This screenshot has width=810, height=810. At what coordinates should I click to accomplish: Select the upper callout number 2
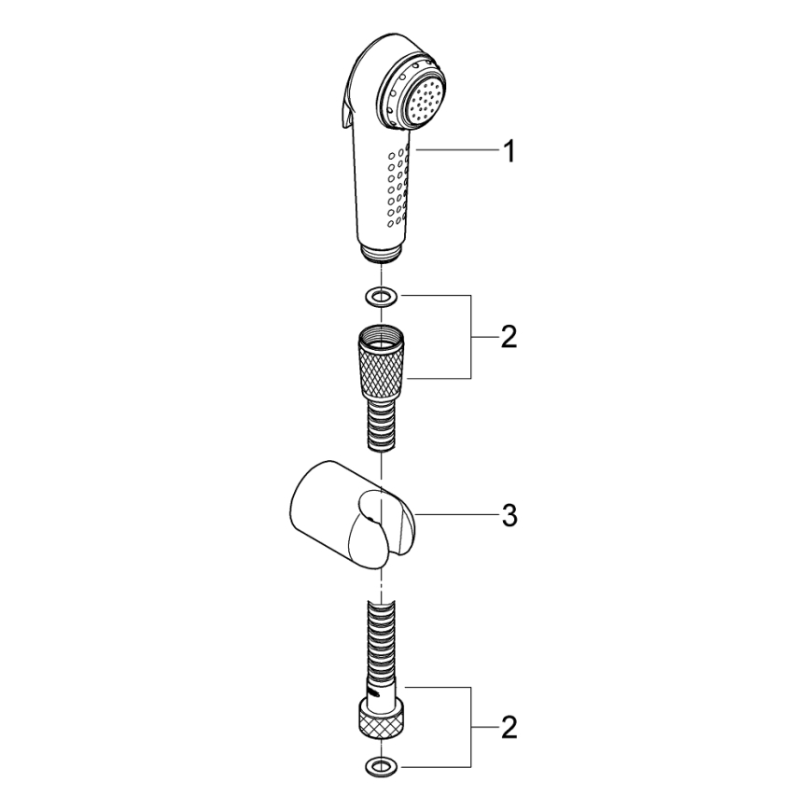[x=508, y=337]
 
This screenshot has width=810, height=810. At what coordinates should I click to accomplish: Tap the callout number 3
[x=509, y=516]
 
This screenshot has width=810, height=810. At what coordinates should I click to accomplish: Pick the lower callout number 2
[x=508, y=725]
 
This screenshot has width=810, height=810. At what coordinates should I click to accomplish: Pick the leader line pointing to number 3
[x=457, y=515]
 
